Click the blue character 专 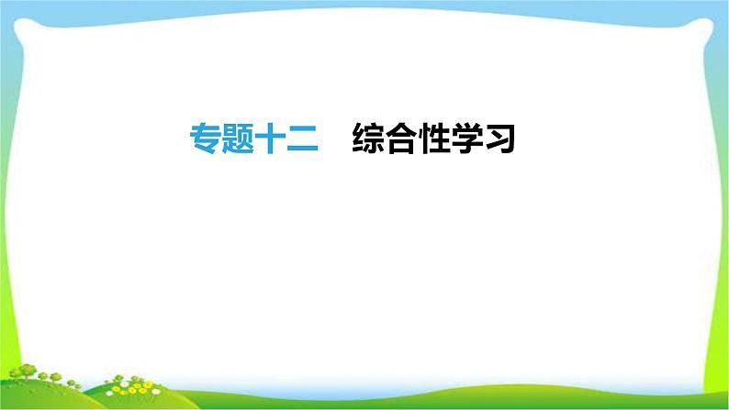[x=205, y=139]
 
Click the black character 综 [x=368, y=139]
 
